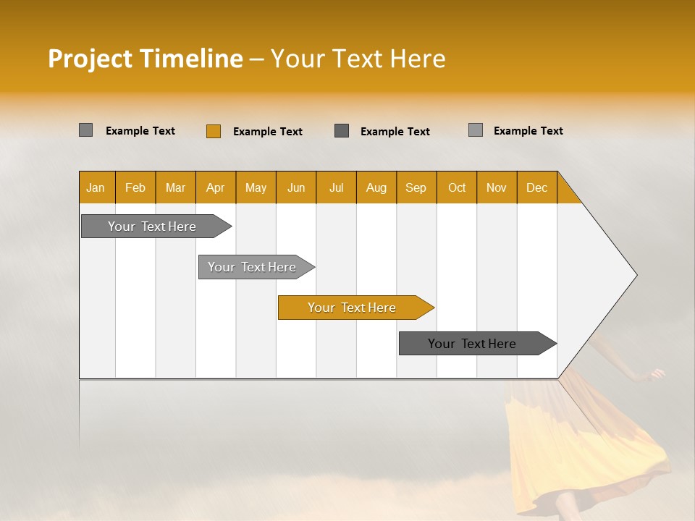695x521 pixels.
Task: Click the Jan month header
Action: click(96, 187)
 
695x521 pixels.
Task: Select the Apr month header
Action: click(216, 187)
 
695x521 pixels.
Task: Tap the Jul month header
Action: click(336, 187)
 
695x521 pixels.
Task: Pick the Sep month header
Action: click(416, 187)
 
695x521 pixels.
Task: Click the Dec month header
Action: click(536, 187)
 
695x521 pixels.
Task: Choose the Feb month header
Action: click(135, 187)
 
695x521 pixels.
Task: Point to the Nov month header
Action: click(497, 187)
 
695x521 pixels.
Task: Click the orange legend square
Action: click(214, 131)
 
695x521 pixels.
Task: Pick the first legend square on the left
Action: click(85, 130)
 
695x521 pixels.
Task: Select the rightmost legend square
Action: click(476, 130)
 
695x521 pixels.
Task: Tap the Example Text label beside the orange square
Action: click(267, 132)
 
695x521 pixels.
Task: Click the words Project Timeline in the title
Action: click(145, 59)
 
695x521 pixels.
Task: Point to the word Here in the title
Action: click(418, 59)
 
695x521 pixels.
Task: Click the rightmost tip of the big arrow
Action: click(636, 275)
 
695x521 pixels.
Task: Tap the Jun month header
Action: click(296, 187)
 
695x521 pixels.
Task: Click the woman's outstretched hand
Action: click(656, 374)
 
